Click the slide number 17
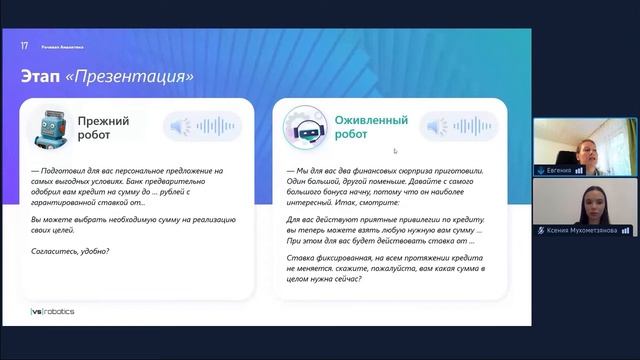click(x=24, y=46)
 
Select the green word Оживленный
click(x=371, y=120)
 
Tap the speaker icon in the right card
click(x=432, y=127)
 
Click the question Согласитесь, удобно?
click(x=71, y=250)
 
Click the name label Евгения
click(x=559, y=171)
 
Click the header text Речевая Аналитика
click(x=62, y=46)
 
